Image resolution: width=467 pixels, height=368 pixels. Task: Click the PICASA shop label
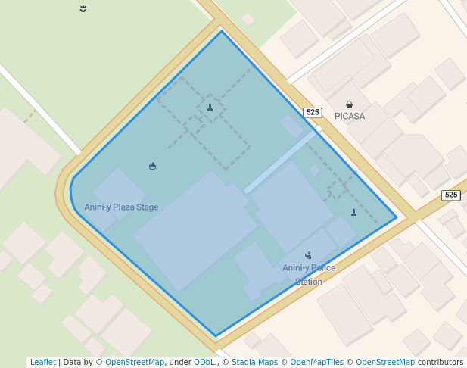[349, 117]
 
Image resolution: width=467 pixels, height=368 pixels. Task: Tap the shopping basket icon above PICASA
[349, 104]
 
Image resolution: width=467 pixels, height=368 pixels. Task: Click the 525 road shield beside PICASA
[313, 112]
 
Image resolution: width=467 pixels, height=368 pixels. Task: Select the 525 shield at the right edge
[451, 195]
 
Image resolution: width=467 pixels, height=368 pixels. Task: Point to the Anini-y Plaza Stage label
[121, 207]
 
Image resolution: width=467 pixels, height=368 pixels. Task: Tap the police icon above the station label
[308, 256]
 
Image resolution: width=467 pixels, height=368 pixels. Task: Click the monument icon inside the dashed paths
[210, 108]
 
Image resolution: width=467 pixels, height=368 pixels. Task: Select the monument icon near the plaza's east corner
[353, 212]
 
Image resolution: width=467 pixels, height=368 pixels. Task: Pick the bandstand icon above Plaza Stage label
[153, 166]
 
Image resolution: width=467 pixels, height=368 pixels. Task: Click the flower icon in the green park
[83, 8]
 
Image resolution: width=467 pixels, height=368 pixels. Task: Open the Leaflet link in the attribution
[42, 362]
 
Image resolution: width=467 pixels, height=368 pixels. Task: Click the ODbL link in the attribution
[205, 362]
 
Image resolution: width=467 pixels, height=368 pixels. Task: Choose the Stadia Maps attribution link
[254, 362]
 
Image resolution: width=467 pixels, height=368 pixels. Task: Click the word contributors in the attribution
[441, 362]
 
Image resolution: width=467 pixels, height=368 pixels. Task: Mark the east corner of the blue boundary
[397, 217]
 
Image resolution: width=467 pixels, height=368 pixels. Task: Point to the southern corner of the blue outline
[216, 335]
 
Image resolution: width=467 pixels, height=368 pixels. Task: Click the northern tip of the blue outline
[222, 31]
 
